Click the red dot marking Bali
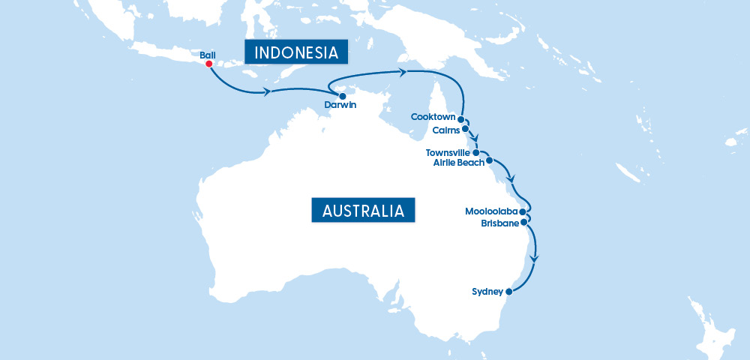tap(208, 64)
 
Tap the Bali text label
tap(208, 54)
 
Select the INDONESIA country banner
tap(296, 52)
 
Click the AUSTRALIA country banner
tap(363, 210)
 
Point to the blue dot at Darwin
tap(343, 96)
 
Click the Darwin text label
tap(340, 106)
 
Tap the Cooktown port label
tap(433, 117)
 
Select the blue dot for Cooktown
tap(460, 119)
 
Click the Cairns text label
tap(446, 130)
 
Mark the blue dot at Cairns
tap(466, 128)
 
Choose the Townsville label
tap(448, 152)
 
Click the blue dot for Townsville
tap(475, 152)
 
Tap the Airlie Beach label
tap(459, 162)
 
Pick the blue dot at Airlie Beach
tap(489, 160)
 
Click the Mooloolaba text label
tap(490, 211)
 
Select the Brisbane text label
tap(499, 223)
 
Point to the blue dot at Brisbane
tap(523, 222)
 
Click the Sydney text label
tap(487, 291)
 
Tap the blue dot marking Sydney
tap(508, 292)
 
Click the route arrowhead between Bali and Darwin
tap(266, 92)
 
